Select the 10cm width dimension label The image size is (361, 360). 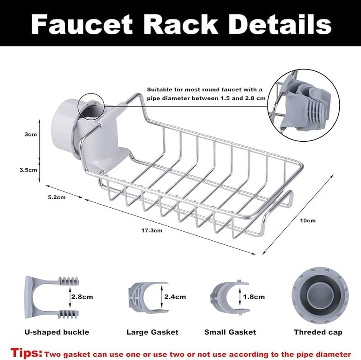point(308,220)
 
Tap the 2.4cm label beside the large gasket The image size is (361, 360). point(175,297)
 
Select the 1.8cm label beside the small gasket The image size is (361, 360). point(254,297)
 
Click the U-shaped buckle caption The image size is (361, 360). point(56,332)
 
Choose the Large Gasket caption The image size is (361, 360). point(152,332)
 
